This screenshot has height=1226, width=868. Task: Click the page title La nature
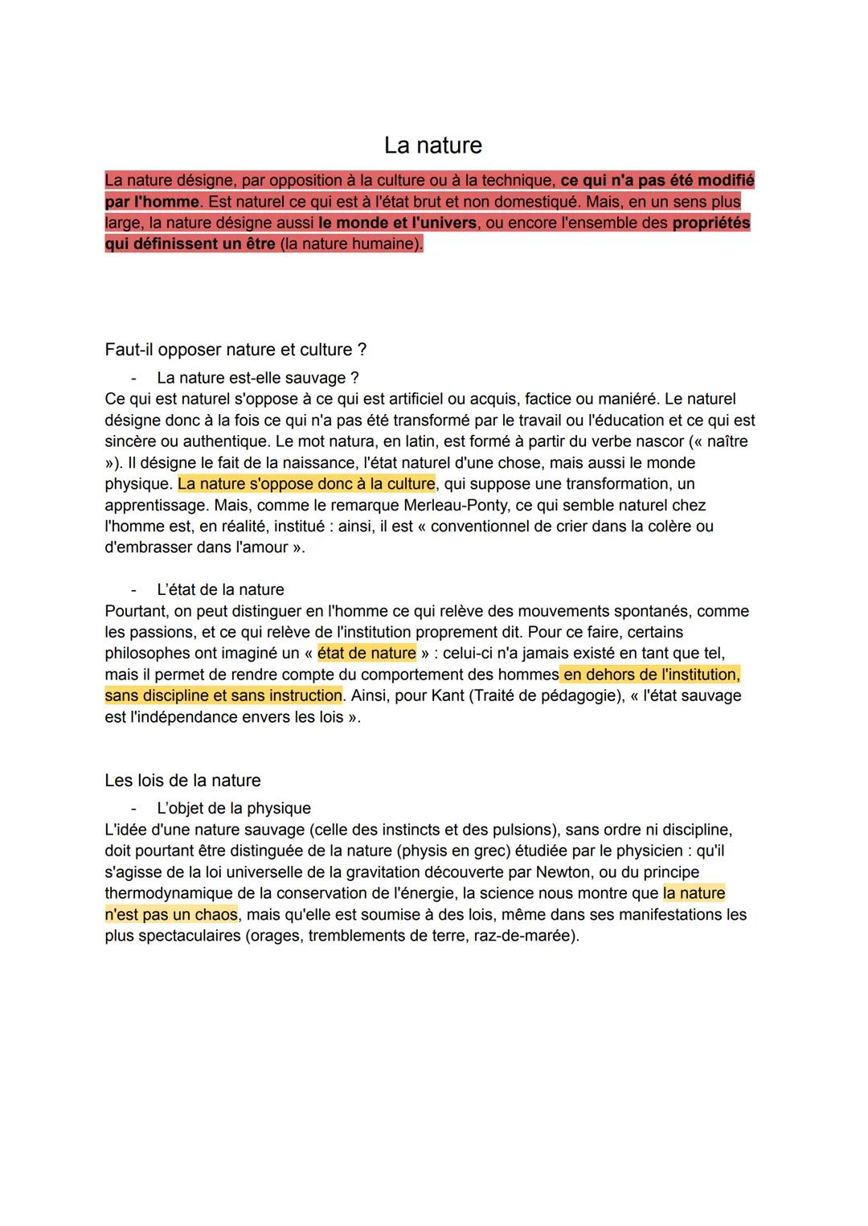433,145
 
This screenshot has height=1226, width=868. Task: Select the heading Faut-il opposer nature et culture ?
235,350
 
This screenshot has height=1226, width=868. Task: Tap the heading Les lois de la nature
182,781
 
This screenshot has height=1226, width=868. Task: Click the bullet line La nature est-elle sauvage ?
257,378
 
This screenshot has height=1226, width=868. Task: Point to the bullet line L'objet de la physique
233,808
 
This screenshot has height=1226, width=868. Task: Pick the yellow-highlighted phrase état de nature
366,653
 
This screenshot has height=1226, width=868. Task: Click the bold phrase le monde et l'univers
398,223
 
